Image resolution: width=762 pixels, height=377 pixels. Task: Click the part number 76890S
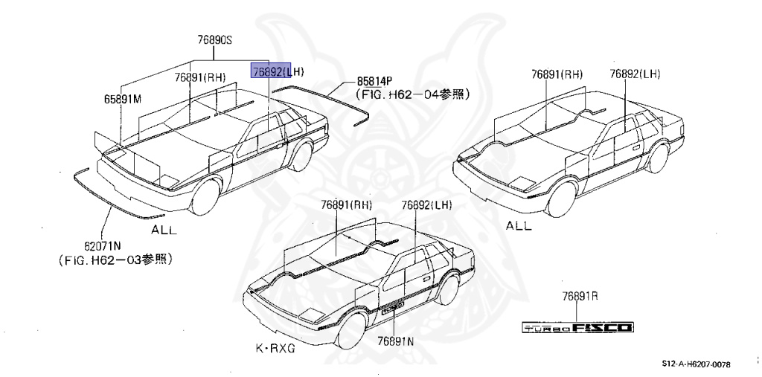[215, 42]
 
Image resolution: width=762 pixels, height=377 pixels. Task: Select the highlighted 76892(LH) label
[277, 71]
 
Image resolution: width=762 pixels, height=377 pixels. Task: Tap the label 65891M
[122, 99]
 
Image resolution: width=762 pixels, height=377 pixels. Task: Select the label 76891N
[395, 341]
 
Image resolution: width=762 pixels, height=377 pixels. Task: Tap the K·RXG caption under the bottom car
[275, 348]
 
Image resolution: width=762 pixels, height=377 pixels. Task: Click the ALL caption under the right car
[519, 225]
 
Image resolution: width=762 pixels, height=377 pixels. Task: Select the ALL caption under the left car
[164, 230]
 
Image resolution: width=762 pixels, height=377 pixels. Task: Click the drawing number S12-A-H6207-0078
[696, 364]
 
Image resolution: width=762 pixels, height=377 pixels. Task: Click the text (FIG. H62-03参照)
[115, 260]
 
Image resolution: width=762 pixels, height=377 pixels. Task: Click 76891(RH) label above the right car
[557, 74]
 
